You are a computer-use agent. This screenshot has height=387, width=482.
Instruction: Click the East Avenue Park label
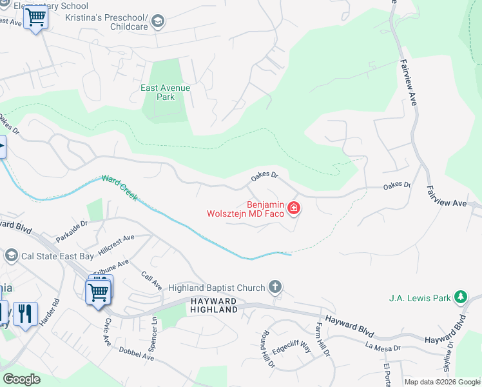pyautogui.click(x=166, y=92)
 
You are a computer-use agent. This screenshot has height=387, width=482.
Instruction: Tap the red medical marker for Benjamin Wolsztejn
pyautogui.click(x=294, y=208)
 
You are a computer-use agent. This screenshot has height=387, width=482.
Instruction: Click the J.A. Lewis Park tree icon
pyautogui.click(x=460, y=297)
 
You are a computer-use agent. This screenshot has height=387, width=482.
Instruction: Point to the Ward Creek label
pyautogui.click(x=119, y=187)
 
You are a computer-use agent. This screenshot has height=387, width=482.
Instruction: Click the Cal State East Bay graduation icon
pyautogui.click(x=11, y=255)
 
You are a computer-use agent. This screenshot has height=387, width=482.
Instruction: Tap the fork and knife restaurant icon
pyautogui.click(x=25, y=314)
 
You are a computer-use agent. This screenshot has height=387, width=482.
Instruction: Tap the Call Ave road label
pyautogui.click(x=151, y=281)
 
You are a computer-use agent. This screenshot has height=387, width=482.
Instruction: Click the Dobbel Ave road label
pyautogui.click(x=137, y=354)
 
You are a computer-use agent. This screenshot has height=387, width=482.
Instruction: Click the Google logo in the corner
pyautogui.click(x=21, y=379)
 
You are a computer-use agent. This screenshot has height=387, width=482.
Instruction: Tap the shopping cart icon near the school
pyautogui.click(x=35, y=17)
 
